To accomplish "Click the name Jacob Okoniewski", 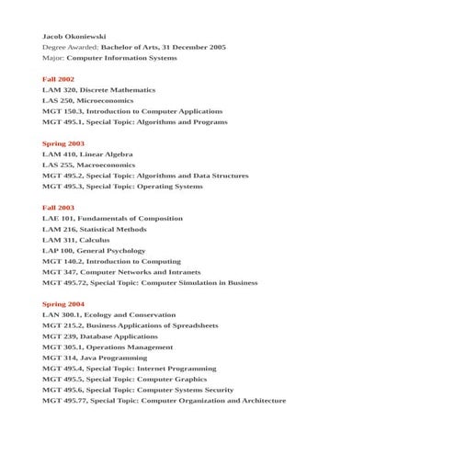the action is (x=74, y=36).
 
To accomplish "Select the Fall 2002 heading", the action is (x=58, y=79).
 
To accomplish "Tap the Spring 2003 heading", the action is (x=63, y=143).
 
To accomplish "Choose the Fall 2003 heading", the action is (x=58, y=208).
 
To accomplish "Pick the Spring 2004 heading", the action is (x=63, y=303).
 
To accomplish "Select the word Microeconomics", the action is (x=107, y=100).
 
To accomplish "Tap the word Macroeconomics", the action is (x=108, y=165).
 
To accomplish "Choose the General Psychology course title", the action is (x=113, y=250).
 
